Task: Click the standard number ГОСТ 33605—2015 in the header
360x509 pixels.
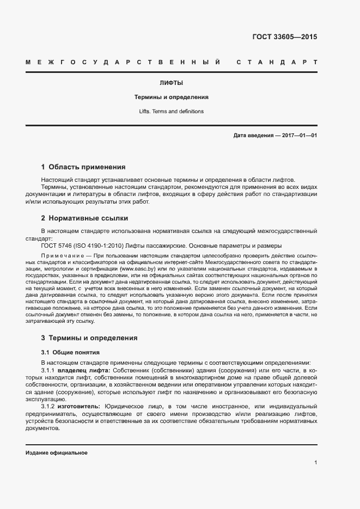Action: pos(284,38)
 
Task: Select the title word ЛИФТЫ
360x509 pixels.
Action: pos(171,83)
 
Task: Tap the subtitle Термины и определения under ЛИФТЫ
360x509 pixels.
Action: pos(172,97)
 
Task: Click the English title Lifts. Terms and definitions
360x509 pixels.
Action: pos(172,112)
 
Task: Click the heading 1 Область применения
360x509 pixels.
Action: pos(83,167)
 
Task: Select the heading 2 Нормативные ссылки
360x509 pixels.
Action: pos(84,218)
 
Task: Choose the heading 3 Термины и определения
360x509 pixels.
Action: pos(89,338)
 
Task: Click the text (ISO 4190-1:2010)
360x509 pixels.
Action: pos(97,246)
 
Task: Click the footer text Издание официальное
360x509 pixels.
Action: pos(57,453)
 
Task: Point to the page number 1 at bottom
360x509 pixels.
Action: pos(315,463)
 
